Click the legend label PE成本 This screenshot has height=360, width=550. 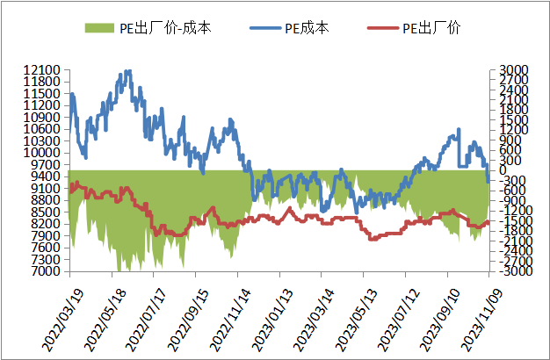pos(307,28)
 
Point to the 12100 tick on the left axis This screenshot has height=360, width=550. pos(42,70)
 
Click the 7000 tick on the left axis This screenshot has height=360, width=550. pos(46,272)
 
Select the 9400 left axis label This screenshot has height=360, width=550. pos(46,176)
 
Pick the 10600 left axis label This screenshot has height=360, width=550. pos(42,129)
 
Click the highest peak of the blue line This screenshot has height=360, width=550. pos(128,72)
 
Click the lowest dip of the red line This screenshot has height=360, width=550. pos(373,239)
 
